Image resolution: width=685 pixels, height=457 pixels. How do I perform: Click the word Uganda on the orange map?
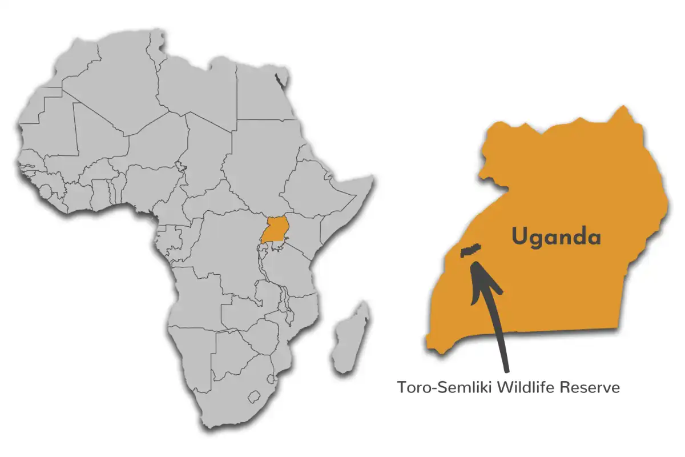click(x=556, y=236)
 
